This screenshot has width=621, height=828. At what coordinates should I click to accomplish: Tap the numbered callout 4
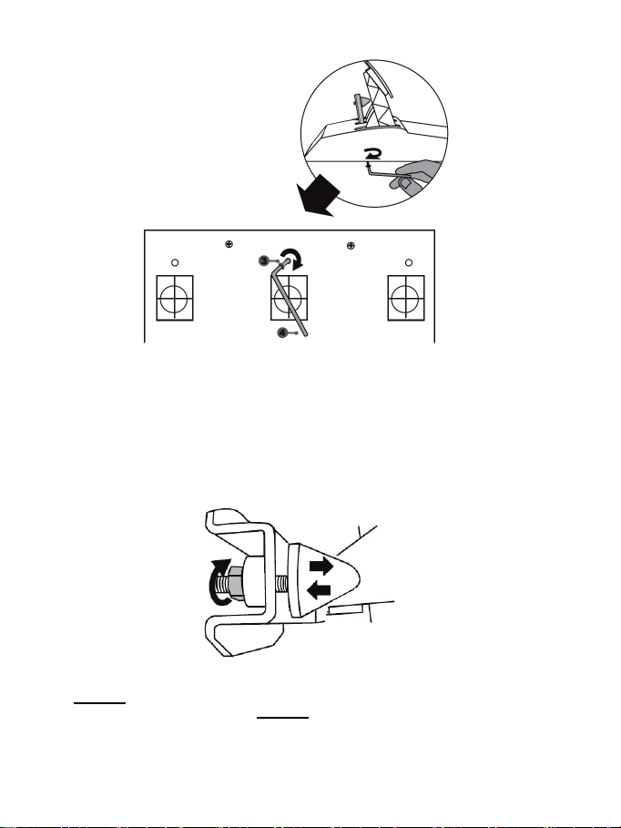(282, 333)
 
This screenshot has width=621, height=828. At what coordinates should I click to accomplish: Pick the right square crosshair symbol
(407, 298)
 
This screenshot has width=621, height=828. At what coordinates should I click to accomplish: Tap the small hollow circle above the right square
(408, 263)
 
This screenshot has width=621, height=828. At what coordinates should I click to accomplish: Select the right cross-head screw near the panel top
(351, 245)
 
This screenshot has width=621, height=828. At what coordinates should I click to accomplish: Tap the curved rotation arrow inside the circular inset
(372, 156)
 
